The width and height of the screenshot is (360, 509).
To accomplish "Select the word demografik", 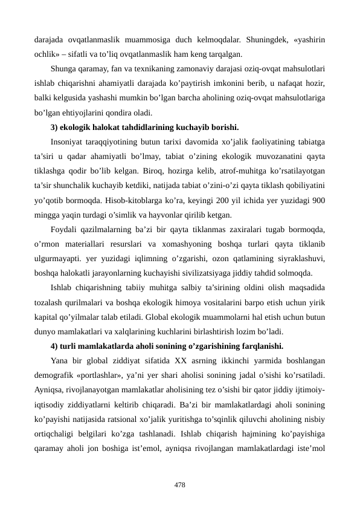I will (x=54, y=375).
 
